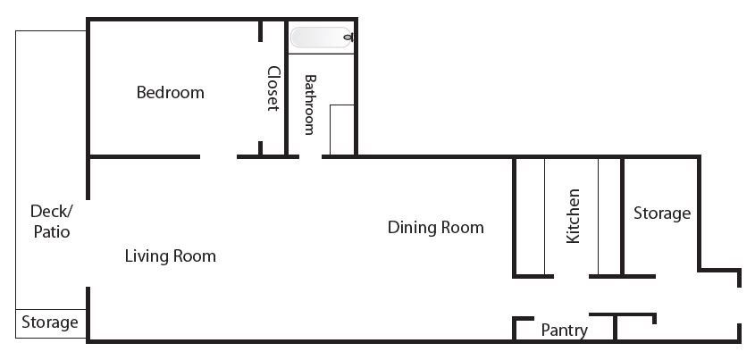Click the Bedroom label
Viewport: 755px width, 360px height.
click(171, 92)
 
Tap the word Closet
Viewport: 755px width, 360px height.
click(273, 88)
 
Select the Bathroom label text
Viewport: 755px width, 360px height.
click(310, 105)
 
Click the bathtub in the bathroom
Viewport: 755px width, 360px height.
click(322, 38)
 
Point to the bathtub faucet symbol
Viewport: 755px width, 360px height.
click(351, 37)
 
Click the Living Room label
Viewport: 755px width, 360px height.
click(171, 256)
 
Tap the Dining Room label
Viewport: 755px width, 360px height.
click(436, 227)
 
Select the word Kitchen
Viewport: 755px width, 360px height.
click(573, 216)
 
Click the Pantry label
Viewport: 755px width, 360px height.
click(565, 331)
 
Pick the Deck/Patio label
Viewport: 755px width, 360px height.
click(51, 222)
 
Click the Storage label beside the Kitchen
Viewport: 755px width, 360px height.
click(662, 213)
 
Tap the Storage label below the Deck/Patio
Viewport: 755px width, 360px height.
click(50, 322)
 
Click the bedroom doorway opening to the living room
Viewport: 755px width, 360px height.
click(219, 156)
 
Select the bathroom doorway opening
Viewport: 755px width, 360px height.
click(311, 156)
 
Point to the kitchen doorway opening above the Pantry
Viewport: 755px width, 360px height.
click(572, 276)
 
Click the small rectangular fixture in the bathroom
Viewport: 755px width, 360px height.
click(342, 130)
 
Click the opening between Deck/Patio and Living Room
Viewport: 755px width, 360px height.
click(88, 243)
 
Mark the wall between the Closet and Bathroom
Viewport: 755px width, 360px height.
click(286, 88)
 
